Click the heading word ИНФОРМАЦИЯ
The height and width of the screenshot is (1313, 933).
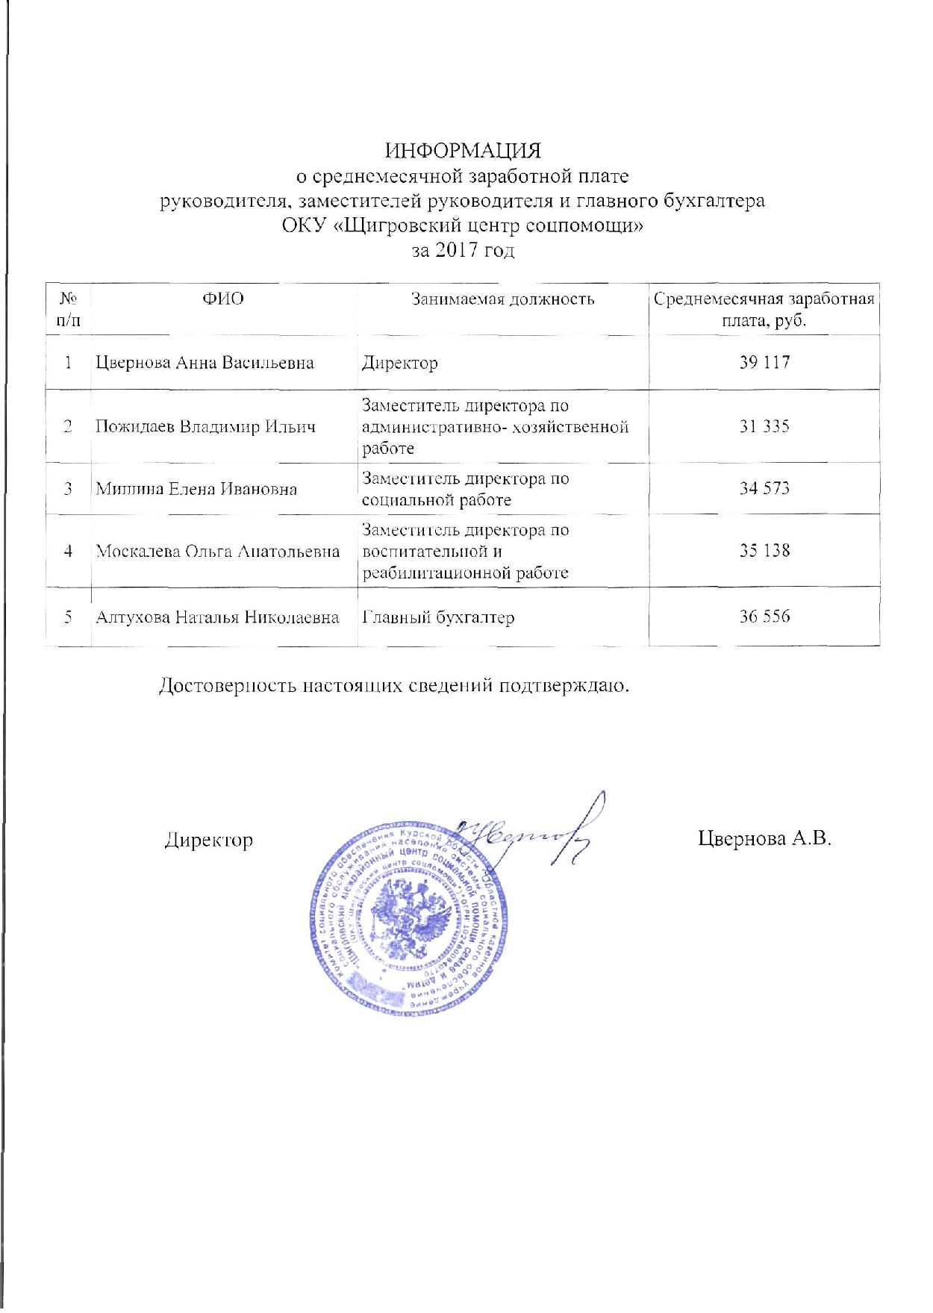463,151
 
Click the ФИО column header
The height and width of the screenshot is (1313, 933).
223,299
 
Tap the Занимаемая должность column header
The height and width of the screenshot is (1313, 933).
503,299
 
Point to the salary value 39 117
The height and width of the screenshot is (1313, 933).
764,363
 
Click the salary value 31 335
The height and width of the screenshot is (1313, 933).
764,426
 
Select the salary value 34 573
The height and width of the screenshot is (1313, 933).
764,488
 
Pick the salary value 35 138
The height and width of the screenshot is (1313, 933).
764,551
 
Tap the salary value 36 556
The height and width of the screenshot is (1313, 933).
764,617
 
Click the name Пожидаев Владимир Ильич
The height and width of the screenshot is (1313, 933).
205,427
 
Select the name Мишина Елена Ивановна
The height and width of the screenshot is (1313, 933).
196,489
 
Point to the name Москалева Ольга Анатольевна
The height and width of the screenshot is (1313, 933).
218,552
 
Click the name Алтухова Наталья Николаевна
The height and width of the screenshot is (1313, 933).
217,617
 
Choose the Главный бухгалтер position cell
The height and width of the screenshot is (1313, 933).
438,617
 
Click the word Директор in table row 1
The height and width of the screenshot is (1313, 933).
400,364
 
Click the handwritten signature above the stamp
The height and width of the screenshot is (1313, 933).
530,832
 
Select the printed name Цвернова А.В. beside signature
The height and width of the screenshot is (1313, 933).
764,838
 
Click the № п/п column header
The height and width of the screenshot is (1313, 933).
69,309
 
